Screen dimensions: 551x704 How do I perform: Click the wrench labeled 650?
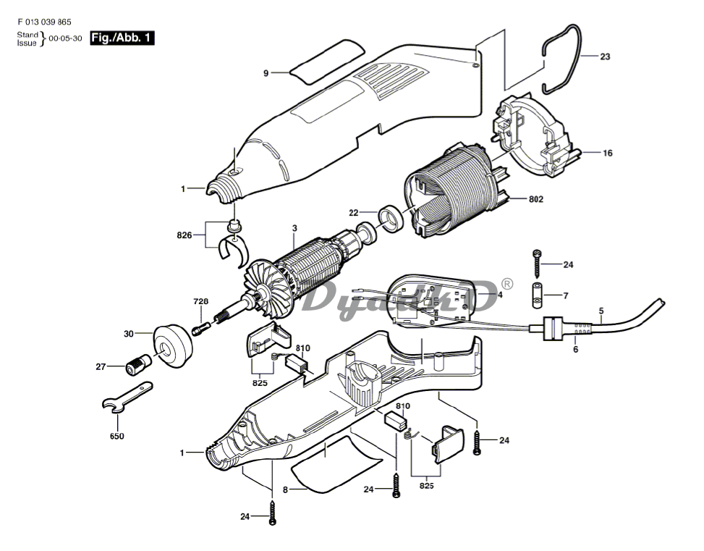point(127,399)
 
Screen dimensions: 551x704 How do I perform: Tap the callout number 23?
point(605,56)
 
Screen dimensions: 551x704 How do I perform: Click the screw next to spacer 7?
point(538,264)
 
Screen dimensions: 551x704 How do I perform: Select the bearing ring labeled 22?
point(391,216)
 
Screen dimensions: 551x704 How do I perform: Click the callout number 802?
point(535,199)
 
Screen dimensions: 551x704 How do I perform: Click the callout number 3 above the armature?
point(294,229)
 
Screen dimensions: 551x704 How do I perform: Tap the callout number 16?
point(607,153)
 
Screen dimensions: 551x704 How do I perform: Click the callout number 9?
point(266,73)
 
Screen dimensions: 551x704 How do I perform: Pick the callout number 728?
point(200,300)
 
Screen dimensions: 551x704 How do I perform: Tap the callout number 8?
point(285,490)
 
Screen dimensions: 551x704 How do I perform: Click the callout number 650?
point(116,437)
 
